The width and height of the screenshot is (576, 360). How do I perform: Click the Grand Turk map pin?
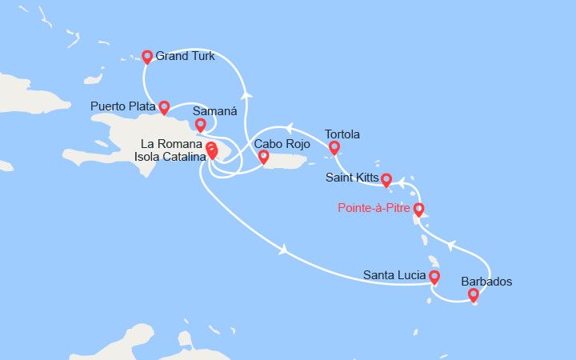click(x=147, y=57)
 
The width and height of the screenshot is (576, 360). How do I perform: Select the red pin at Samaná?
click(x=200, y=125)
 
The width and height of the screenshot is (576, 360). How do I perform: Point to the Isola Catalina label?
click(x=163, y=156)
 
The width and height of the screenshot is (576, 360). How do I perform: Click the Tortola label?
click(x=342, y=134)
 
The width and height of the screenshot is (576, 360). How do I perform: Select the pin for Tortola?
click(x=334, y=148)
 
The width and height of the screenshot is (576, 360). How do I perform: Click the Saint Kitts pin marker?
click(x=386, y=180)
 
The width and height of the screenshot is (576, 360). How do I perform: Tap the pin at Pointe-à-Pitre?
click(x=418, y=210)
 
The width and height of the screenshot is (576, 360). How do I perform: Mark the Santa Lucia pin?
click(x=434, y=278)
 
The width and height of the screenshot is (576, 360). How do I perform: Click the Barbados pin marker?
click(x=474, y=295)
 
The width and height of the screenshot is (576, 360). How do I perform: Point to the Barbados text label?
click(x=487, y=282)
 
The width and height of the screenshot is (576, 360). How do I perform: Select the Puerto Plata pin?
click(x=164, y=107)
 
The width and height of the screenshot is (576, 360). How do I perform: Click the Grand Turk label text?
click(x=185, y=56)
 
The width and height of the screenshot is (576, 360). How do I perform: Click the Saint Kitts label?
click(x=351, y=178)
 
